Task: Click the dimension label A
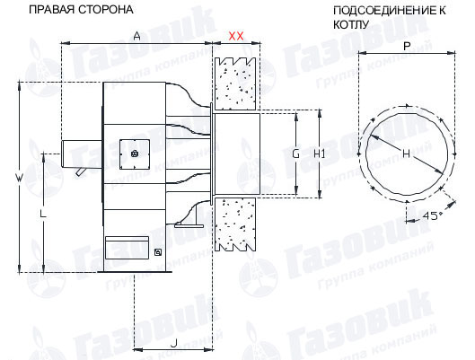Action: point(137,36)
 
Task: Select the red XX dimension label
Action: point(235,36)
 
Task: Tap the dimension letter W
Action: point(19,178)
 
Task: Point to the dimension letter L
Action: point(43,214)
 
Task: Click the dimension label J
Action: point(174,343)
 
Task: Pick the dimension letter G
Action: point(295,154)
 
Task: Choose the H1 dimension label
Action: point(320,154)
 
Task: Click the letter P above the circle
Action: point(407,46)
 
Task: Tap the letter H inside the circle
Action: point(406,154)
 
